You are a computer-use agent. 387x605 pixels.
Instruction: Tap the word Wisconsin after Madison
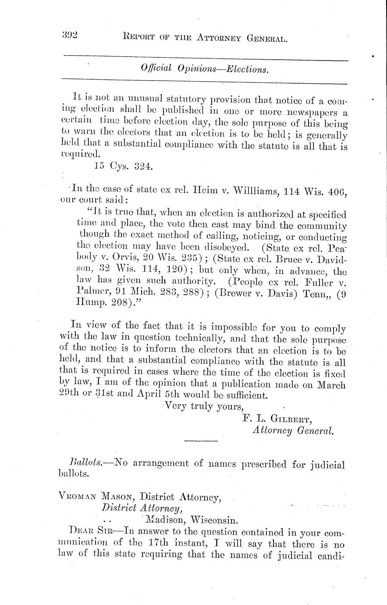[x=216, y=521]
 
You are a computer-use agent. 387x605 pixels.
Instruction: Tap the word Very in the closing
[x=176, y=406]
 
